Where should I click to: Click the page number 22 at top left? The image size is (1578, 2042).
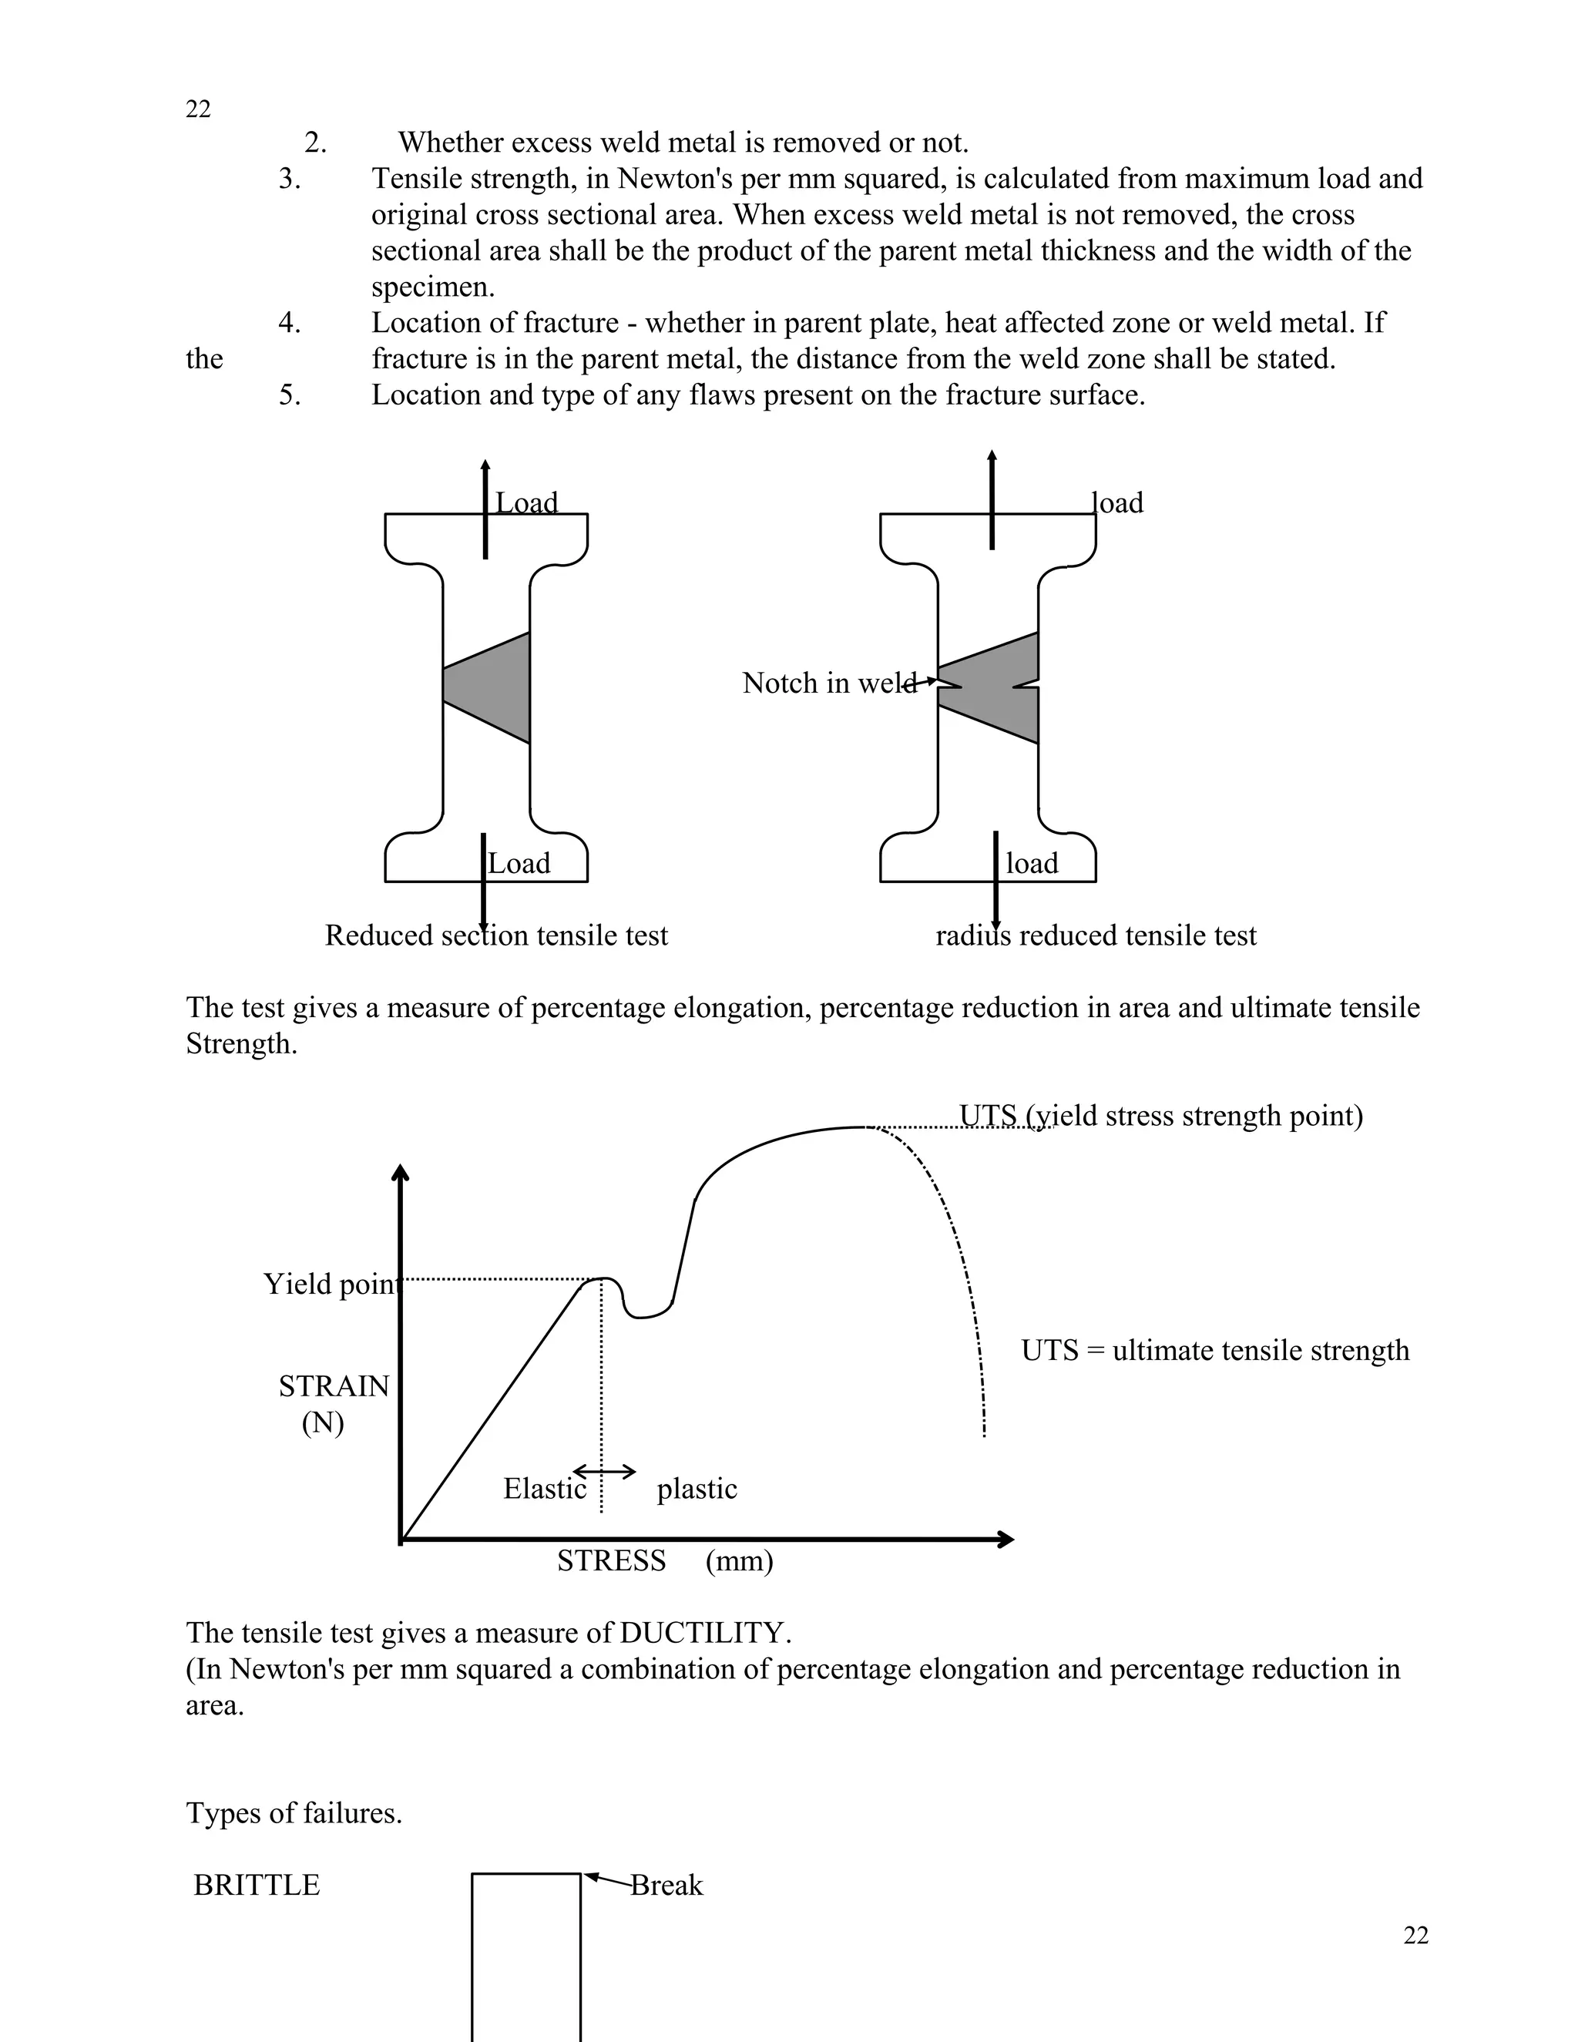point(198,109)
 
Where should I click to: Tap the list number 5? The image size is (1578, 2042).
point(290,395)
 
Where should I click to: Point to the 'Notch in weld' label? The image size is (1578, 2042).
point(828,683)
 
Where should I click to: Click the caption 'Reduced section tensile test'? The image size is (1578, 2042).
point(496,936)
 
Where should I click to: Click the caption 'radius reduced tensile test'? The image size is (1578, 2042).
point(1096,936)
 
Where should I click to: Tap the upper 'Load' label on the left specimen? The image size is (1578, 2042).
point(526,503)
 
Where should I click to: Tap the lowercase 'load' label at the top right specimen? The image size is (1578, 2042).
point(1118,503)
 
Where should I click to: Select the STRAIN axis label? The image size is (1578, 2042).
point(334,1385)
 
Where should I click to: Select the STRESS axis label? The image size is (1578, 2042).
point(611,1560)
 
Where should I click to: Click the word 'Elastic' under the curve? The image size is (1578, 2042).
point(544,1489)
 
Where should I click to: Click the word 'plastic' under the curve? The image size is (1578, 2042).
point(697,1489)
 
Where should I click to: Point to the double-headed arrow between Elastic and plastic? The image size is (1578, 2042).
point(604,1472)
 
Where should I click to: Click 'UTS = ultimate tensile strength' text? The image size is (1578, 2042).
point(1214,1350)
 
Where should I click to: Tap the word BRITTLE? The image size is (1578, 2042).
point(256,1885)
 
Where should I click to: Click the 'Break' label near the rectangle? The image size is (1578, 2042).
point(666,1885)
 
